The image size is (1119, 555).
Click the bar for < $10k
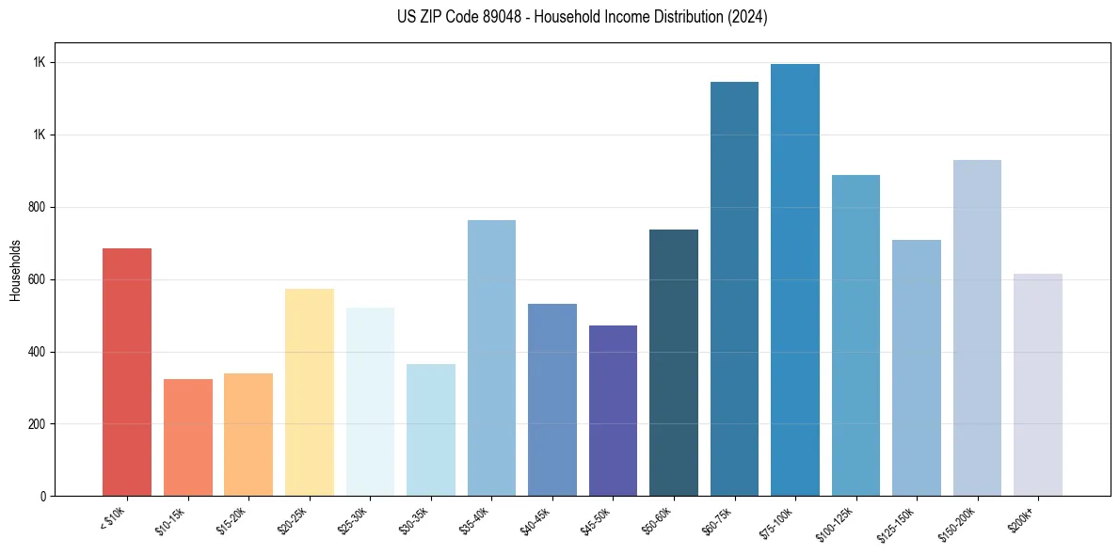pos(127,372)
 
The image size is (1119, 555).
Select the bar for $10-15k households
pos(187,437)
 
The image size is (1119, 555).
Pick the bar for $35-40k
pos(491,357)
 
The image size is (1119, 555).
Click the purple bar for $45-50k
pos(613,410)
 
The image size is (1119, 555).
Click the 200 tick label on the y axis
pos(38,424)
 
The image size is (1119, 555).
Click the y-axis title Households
pos(16,270)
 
